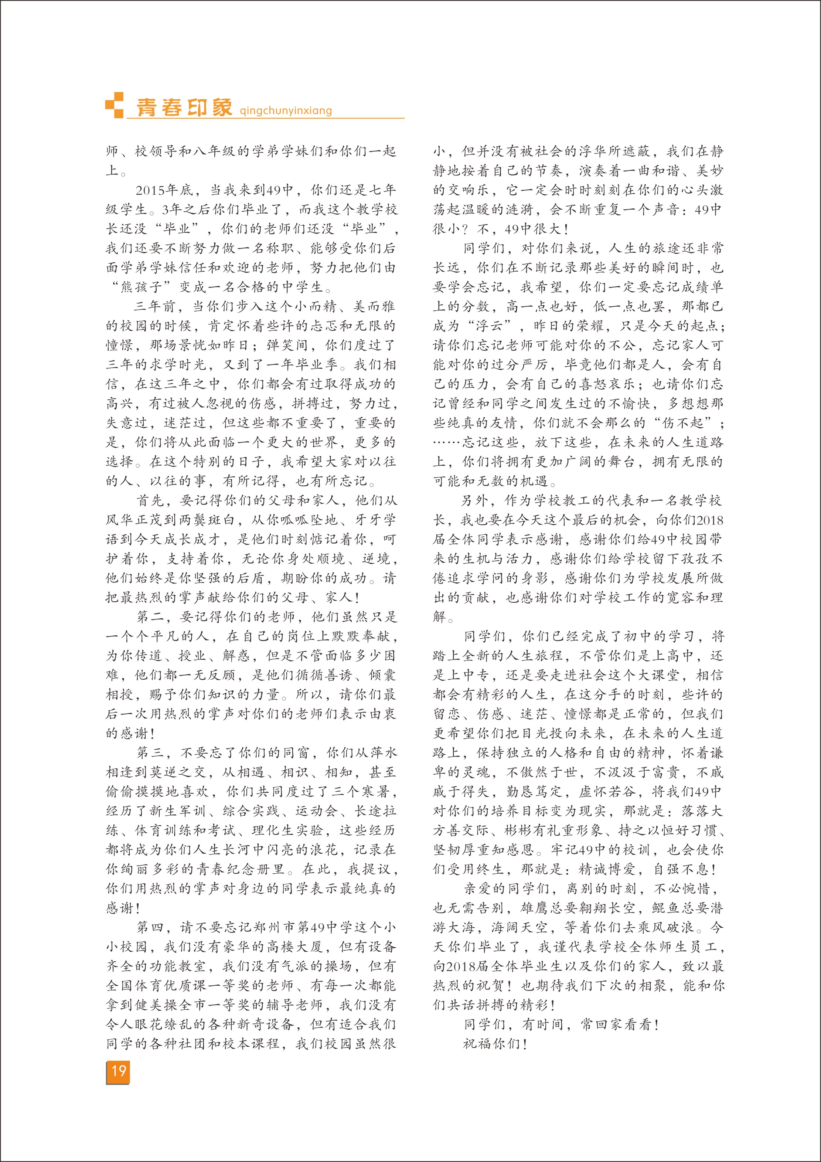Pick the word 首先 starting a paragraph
point(150,500)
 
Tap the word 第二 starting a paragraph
point(150,617)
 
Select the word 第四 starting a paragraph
point(150,928)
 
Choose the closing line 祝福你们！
point(496,1044)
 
